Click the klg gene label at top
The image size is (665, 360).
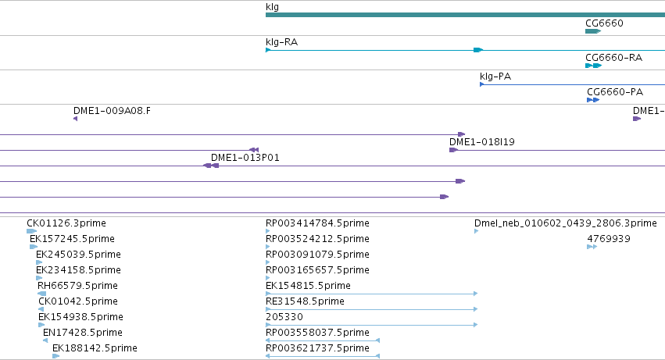point(272,7)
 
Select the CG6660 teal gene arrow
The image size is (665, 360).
point(593,31)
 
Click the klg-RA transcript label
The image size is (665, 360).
point(281,42)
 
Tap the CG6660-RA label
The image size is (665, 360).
point(613,58)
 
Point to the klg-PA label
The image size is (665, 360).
point(495,77)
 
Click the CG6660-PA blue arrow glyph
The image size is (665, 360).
point(593,100)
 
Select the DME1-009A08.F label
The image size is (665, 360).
point(112,111)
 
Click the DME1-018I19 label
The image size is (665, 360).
point(482,142)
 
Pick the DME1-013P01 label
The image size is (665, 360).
point(245,158)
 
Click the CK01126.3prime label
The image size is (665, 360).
point(66,223)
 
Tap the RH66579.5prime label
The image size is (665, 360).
point(77,285)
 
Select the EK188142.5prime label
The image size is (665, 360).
point(95,348)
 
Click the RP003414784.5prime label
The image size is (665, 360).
point(317,223)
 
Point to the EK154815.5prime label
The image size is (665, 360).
point(308,285)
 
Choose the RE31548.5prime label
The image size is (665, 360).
point(305,301)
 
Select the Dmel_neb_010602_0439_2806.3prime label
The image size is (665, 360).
point(565,223)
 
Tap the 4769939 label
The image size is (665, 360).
point(609,239)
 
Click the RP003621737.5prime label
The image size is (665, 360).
point(317,348)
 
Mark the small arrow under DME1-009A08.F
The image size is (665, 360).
point(76,119)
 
